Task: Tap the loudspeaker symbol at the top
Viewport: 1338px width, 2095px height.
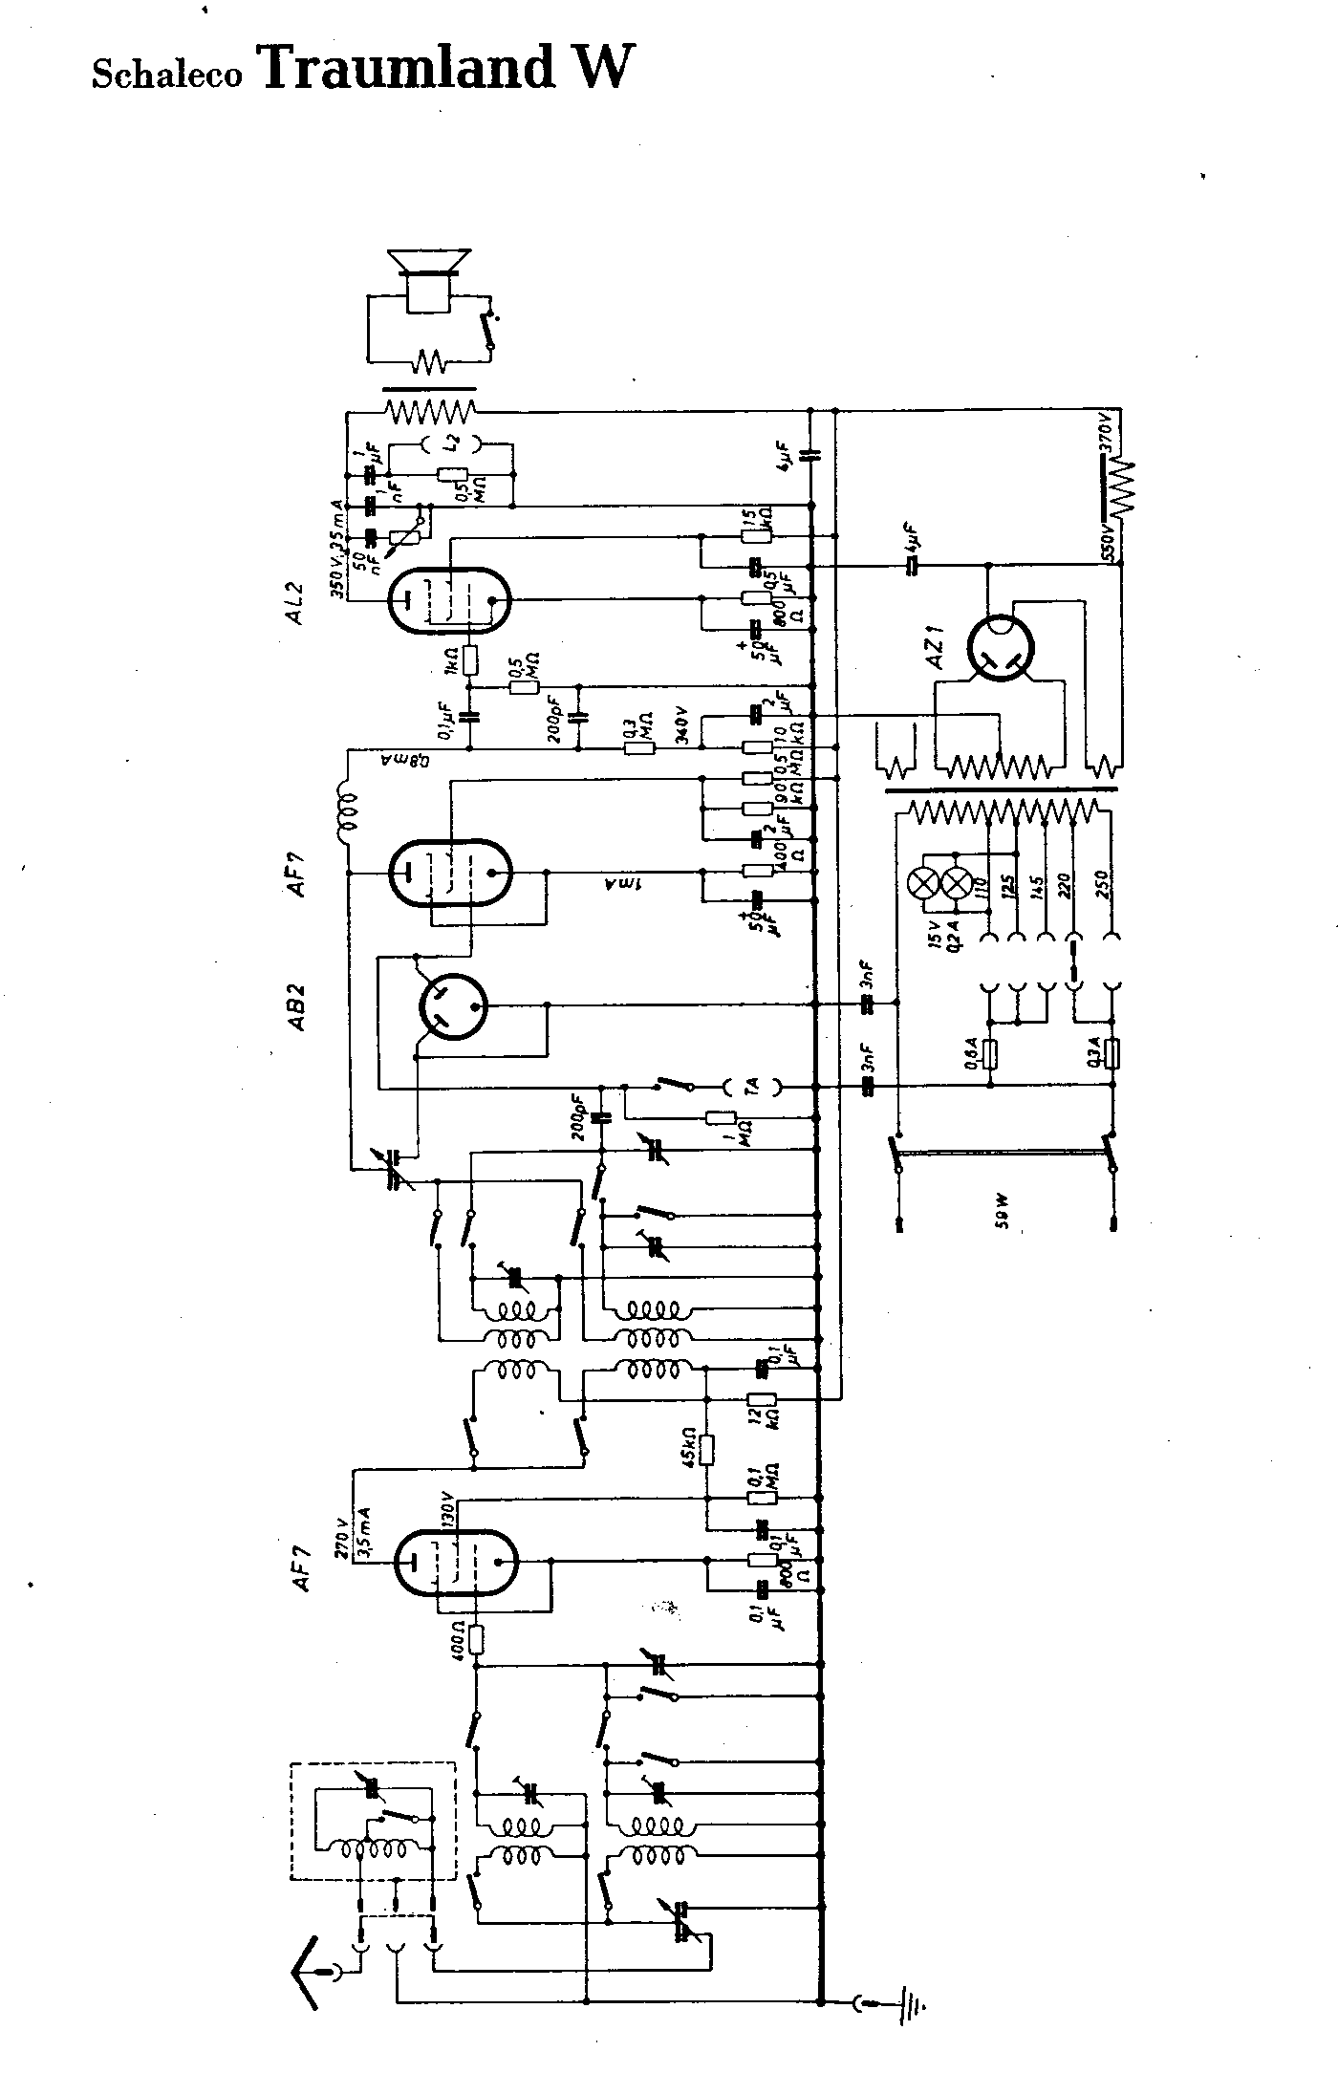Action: (427, 277)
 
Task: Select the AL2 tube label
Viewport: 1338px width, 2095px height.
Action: (295, 601)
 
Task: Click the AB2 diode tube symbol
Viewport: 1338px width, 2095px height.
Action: (454, 1005)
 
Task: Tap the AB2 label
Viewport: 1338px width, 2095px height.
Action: (296, 1005)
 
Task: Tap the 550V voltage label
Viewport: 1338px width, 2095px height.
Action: (1108, 540)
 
